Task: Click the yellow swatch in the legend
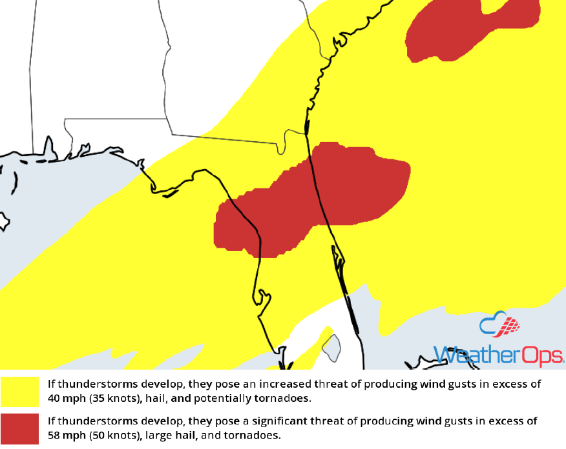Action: (x=19, y=391)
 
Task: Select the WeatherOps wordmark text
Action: (x=498, y=355)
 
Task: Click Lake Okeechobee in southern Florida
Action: (x=331, y=347)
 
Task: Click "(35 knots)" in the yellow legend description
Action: (x=117, y=398)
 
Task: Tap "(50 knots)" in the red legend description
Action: (x=117, y=435)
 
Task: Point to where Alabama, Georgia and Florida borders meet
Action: (x=172, y=134)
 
